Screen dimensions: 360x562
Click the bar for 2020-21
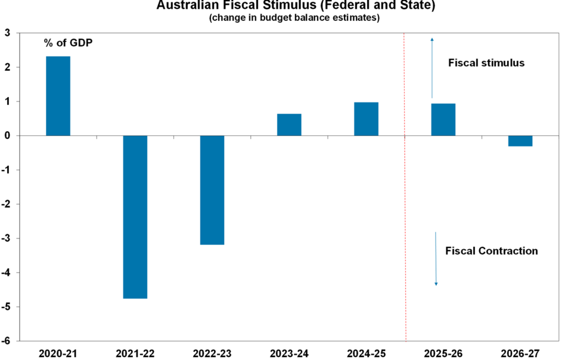(x=58, y=96)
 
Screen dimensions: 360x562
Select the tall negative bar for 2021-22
(x=135, y=217)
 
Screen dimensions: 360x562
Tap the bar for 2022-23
(x=212, y=190)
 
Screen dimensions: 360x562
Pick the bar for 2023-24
(x=289, y=125)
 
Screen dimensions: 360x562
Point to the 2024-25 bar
(x=366, y=119)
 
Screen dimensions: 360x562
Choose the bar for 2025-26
(x=443, y=120)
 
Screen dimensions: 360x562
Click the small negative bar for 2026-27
(x=520, y=140)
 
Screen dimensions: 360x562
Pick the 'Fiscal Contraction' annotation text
(x=491, y=251)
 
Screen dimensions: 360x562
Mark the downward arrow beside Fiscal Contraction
(x=436, y=258)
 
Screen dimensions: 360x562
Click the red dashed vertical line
(x=404, y=220)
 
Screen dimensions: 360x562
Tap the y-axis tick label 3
(x=8, y=33)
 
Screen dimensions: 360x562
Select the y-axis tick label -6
(x=6, y=341)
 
